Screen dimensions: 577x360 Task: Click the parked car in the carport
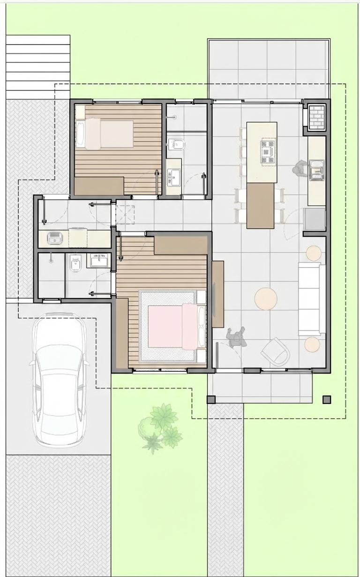tap(59, 380)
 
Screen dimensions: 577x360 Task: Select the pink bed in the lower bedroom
tap(173, 326)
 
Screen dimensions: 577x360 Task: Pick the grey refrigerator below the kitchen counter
tap(315, 219)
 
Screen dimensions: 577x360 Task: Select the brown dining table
tap(260, 205)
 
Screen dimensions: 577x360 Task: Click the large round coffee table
tap(266, 299)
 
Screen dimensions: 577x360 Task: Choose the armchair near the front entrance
tap(276, 351)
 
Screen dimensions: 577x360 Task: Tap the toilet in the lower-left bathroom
tap(75, 264)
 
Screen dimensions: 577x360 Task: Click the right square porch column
tap(327, 399)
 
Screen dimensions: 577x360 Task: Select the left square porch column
tap(211, 399)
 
